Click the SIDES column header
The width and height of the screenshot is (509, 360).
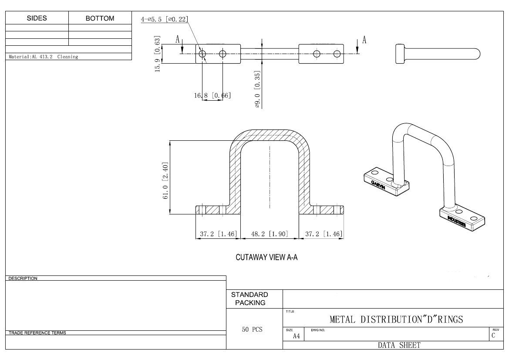coord(37,18)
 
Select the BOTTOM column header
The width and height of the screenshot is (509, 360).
coord(100,18)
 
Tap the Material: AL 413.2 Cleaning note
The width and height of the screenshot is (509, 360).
coord(44,57)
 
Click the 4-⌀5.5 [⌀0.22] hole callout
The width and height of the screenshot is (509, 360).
coord(164,19)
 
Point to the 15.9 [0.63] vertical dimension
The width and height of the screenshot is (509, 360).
coord(158,54)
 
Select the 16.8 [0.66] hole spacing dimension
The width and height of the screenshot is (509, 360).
coord(212,95)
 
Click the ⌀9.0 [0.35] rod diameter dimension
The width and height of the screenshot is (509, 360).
coord(257,89)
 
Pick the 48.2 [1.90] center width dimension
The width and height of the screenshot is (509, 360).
coord(270,234)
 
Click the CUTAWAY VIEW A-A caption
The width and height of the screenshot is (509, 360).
coord(266,258)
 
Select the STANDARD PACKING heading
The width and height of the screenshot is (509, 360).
coord(250,299)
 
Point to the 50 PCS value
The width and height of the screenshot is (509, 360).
coord(252,329)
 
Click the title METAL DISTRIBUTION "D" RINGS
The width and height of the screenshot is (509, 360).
coord(396,319)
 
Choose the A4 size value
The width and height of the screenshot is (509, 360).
coord(296,336)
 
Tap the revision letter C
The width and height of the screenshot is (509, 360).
coord(493,336)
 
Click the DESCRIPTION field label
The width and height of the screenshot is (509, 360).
coord(23,278)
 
